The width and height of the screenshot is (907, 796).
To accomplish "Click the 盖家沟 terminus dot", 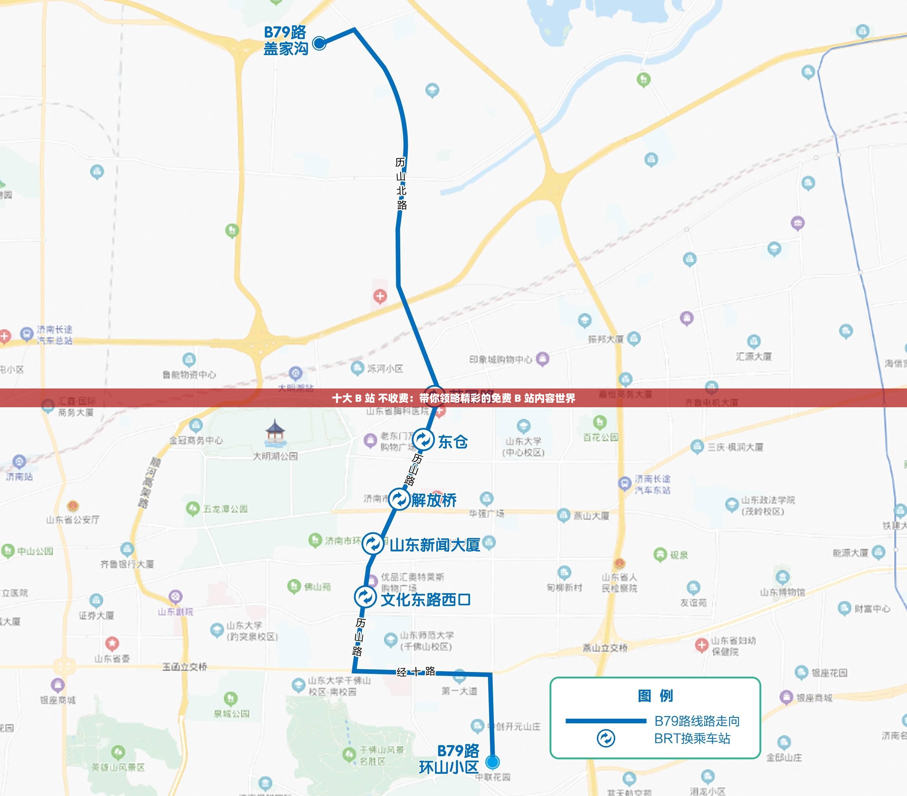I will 319,43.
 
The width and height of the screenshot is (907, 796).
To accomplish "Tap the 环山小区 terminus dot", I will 492,762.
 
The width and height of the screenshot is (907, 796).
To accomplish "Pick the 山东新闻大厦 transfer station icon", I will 373,543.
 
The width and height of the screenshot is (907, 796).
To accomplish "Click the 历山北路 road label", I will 401,183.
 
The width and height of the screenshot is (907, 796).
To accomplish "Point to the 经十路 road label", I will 416,672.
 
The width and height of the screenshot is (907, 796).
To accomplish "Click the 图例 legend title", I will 655,696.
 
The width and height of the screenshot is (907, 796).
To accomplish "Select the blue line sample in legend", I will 605,721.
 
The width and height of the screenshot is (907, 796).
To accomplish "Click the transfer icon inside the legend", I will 606,739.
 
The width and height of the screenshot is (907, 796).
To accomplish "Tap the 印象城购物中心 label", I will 500,359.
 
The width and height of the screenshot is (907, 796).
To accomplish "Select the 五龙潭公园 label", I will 225,509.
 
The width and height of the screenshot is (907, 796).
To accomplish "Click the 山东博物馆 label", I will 782,592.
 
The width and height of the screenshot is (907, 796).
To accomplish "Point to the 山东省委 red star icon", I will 112,643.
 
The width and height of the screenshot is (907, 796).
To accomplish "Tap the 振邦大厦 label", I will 606,339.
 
